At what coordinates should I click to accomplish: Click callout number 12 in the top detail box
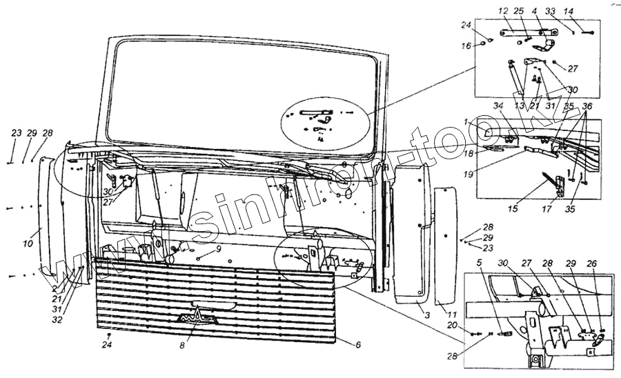502,11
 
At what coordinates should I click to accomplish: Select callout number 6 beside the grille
357,343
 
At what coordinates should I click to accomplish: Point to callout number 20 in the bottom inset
471,325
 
